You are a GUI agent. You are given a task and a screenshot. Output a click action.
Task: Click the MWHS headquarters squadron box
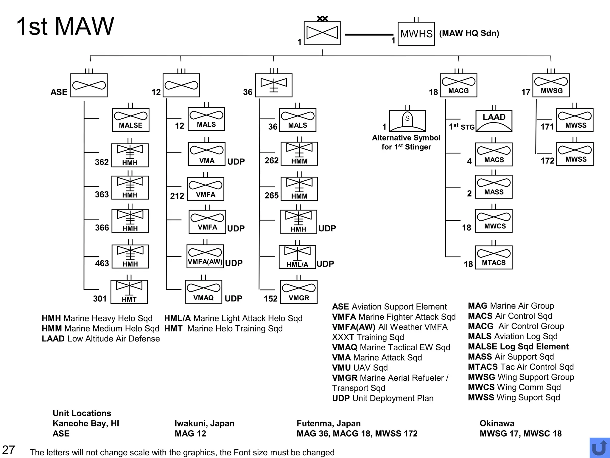click(416, 34)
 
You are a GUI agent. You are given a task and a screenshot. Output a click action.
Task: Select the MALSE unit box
click(130, 120)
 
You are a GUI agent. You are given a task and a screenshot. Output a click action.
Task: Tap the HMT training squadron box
click(129, 292)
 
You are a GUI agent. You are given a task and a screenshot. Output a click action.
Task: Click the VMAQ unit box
click(203, 292)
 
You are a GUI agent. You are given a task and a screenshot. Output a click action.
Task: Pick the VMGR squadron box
click(299, 292)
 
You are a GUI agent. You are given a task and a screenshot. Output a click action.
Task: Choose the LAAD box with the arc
click(494, 121)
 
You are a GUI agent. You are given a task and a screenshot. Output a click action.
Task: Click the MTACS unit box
click(494, 257)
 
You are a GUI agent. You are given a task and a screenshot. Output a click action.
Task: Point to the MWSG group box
click(551, 85)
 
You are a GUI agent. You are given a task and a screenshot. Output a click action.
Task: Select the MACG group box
click(458, 85)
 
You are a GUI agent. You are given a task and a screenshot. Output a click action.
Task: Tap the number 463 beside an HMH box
click(102, 263)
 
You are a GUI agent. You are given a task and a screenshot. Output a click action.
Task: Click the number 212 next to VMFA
click(177, 196)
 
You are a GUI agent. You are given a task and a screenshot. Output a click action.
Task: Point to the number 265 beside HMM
click(271, 196)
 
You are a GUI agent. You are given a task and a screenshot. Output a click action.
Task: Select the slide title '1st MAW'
click(65, 26)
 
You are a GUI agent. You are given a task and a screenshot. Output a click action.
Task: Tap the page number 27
click(8, 450)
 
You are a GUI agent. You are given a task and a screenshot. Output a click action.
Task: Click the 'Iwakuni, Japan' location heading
click(204, 423)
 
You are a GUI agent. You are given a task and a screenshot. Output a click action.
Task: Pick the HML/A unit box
click(297, 257)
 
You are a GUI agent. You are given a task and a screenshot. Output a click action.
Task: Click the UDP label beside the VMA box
click(236, 162)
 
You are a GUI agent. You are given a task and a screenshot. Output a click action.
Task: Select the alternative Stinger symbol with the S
click(407, 121)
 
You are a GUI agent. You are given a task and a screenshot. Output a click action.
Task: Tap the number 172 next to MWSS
click(547, 161)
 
